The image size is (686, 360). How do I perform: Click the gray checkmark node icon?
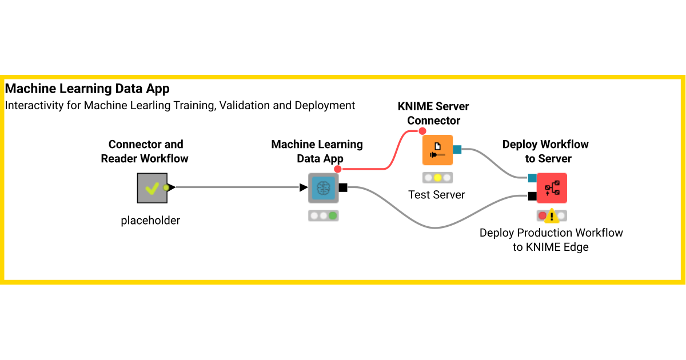pyautogui.click(x=152, y=188)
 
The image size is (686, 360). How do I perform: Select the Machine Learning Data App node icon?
pyautogui.click(x=324, y=188)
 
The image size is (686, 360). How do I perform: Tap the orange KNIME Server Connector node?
pyautogui.click(x=437, y=150)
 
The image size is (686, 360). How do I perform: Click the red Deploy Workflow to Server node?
pyautogui.click(x=552, y=188)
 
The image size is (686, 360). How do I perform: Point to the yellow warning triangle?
pyautogui.click(x=552, y=216)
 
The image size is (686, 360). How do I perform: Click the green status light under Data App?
pyautogui.click(x=333, y=216)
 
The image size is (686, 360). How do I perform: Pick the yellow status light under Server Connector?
pyautogui.click(x=437, y=178)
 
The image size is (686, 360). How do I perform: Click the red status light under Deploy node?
pyautogui.click(x=542, y=216)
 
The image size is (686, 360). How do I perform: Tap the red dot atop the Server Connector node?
pyautogui.click(x=422, y=131)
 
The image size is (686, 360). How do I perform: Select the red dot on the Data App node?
pyautogui.click(x=338, y=169)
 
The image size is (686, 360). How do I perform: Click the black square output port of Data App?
pyautogui.click(x=343, y=187)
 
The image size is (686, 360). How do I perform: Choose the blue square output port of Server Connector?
pyautogui.click(x=457, y=150)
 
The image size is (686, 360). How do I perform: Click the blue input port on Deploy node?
pyautogui.click(x=532, y=178)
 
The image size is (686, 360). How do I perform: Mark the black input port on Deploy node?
pyautogui.click(x=532, y=197)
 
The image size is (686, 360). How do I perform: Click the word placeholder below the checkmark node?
pyautogui.click(x=150, y=220)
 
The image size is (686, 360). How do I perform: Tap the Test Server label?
pyautogui.click(x=437, y=195)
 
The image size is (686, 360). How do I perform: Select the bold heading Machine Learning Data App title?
pyautogui.click(x=87, y=89)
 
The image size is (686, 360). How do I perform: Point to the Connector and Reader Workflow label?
pyautogui.click(x=145, y=151)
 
